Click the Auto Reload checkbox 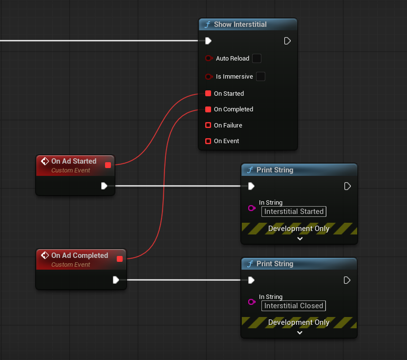click(x=257, y=59)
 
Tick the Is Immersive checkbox click(x=260, y=77)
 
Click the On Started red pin click(x=208, y=93)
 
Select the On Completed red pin click(x=208, y=109)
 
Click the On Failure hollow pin click(x=208, y=125)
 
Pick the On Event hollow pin click(x=208, y=141)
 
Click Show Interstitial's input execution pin click(x=208, y=41)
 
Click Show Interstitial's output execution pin click(x=287, y=41)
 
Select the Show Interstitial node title click(x=240, y=24)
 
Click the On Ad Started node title click(x=74, y=161)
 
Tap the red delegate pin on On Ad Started click(x=108, y=165)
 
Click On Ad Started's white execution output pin click(x=104, y=186)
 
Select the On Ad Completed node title click(x=80, y=255)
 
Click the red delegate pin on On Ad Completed click(x=120, y=259)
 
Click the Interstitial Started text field click(x=294, y=212)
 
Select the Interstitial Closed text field click(x=294, y=306)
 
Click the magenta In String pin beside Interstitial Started click(x=252, y=208)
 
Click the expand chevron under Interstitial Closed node click(x=300, y=333)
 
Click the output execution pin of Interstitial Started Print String click(x=347, y=186)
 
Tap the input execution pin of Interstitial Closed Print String click(x=251, y=280)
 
